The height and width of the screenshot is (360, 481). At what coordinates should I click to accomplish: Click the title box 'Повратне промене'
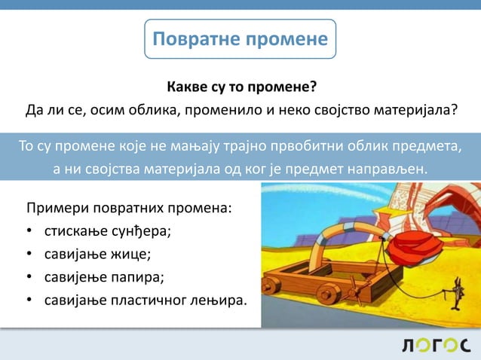coord(240,39)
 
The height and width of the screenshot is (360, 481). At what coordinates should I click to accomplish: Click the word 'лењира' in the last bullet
coord(219,301)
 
